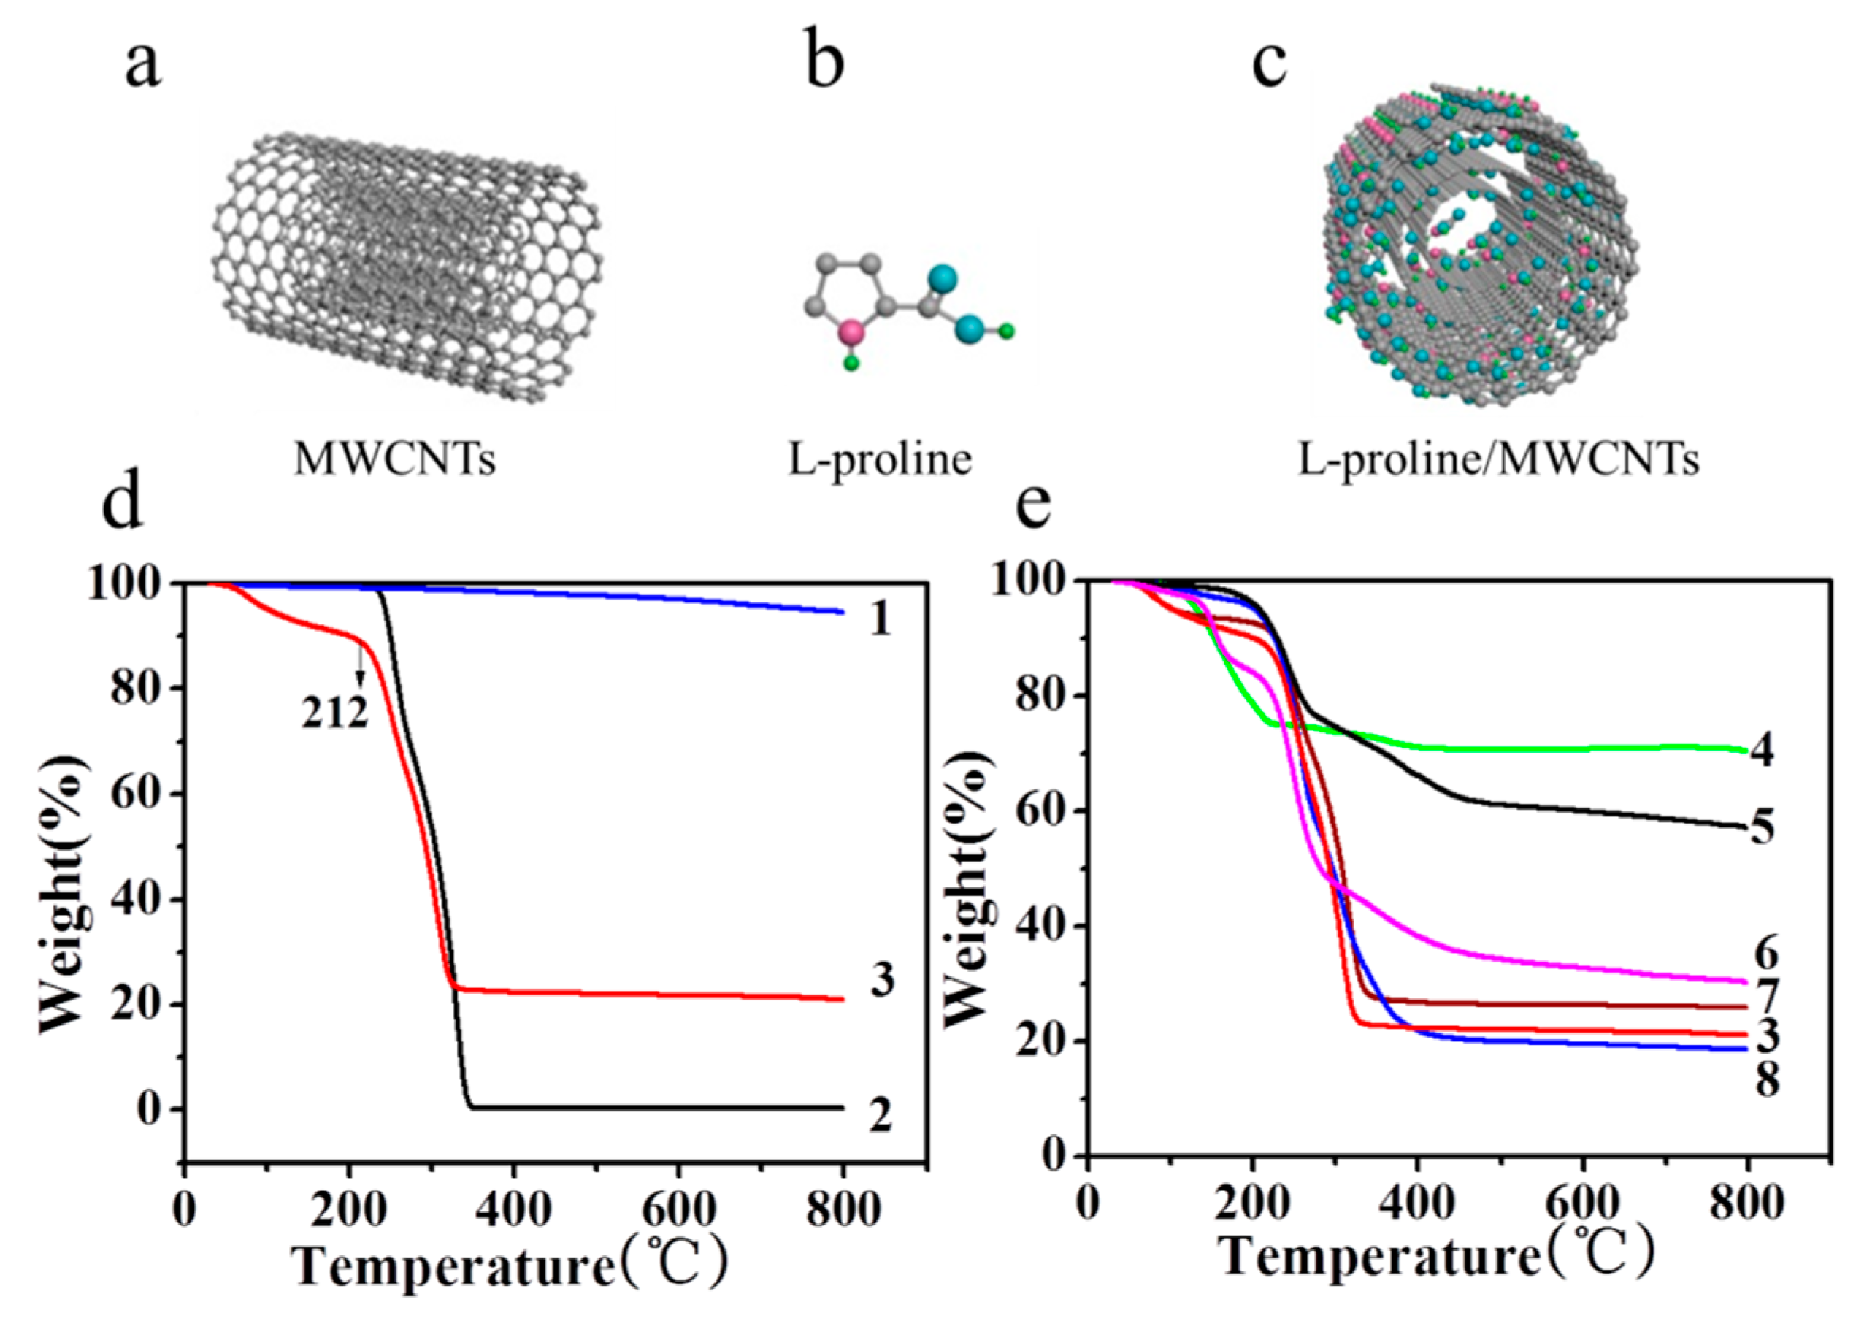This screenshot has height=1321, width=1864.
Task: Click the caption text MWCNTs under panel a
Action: (x=394, y=460)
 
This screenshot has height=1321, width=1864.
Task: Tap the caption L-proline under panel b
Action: (x=880, y=459)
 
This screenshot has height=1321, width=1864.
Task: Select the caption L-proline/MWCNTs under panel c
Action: (x=1498, y=460)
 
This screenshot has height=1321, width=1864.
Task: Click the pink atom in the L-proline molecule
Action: (x=851, y=332)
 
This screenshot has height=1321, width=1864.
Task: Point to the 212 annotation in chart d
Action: (x=335, y=715)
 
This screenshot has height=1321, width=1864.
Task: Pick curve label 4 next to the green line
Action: (x=1762, y=750)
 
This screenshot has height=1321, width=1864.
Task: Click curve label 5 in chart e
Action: (x=1762, y=829)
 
